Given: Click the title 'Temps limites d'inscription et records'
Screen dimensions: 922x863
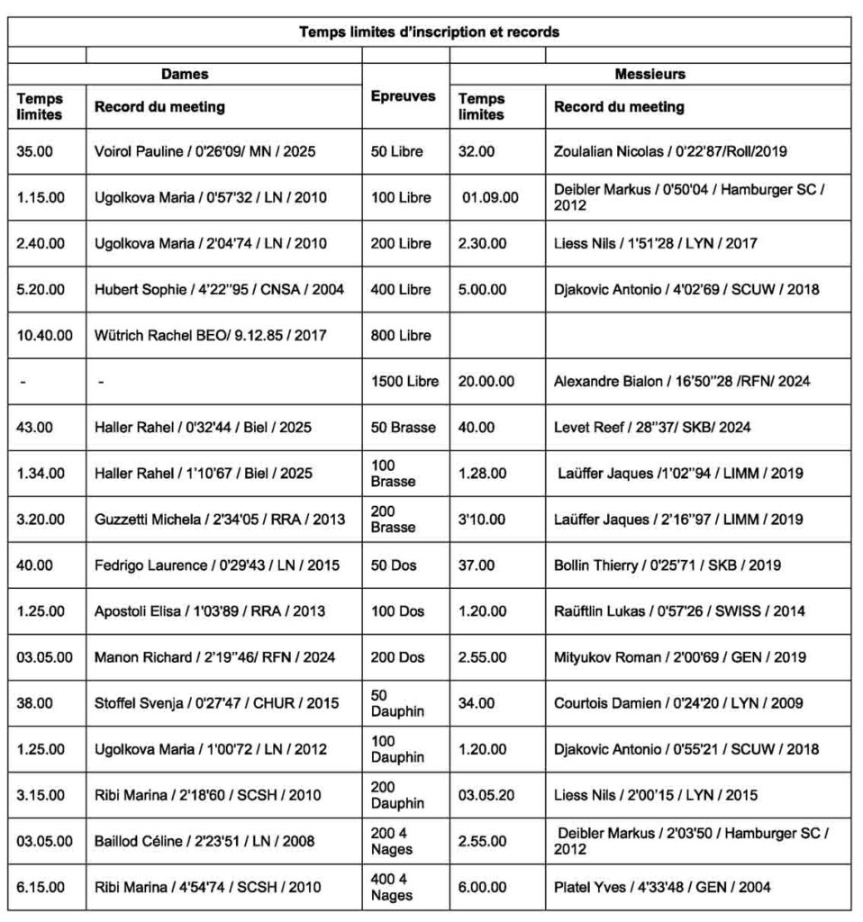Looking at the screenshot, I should tap(430, 32).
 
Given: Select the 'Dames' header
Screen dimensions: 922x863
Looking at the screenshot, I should tap(185, 74).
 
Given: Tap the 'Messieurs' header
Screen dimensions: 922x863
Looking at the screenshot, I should tap(650, 74).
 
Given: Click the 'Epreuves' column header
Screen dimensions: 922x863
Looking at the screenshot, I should tap(404, 95).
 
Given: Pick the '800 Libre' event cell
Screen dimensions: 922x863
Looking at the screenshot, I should tap(400, 335).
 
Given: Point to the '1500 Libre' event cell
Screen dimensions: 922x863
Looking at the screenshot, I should tap(404, 381).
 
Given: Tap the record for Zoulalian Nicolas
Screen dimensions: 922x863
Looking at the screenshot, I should tap(670, 151).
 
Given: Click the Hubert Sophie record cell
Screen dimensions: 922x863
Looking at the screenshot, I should tap(220, 289).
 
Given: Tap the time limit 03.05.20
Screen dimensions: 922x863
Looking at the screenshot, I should tap(486, 795).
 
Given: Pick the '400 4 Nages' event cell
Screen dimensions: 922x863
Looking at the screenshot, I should tap(392, 887).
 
